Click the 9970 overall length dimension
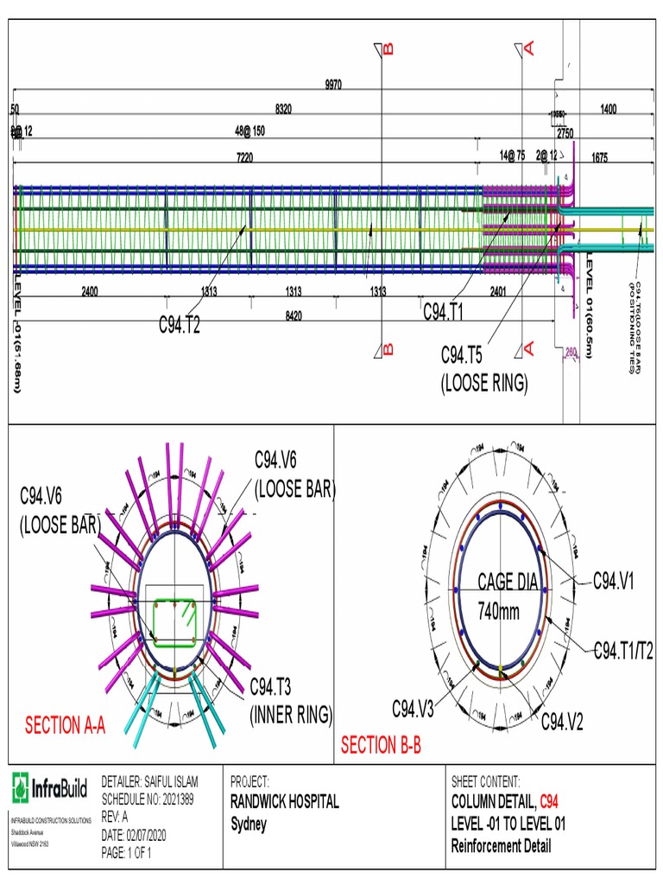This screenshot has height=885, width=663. pyautogui.click(x=333, y=85)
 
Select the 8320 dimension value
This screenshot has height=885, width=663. pyautogui.click(x=283, y=109)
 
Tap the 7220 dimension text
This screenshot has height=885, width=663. pyautogui.click(x=244, y=157)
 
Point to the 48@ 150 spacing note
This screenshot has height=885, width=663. pyautogui.click(x=249, y=132)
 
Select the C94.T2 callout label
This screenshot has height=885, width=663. pyautogui.click(x=185, y=325)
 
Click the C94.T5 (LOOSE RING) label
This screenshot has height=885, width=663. pyautogui.click(x=483, y=369)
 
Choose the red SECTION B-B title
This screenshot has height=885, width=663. pyautogui.click(x=381, y=745)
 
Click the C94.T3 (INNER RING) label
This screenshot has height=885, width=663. pyautogui.click(x=291, y=701)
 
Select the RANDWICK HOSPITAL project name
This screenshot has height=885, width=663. pyautogui.click(x=284, y=802)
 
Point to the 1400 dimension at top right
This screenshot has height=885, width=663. pyautogui.click(x=609, y=109)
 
